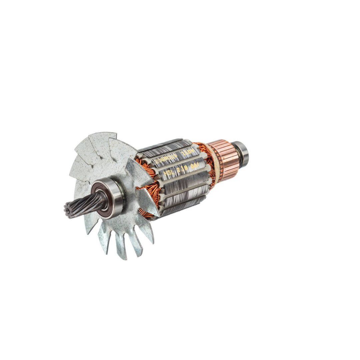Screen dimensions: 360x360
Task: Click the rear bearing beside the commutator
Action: [242, 153]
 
